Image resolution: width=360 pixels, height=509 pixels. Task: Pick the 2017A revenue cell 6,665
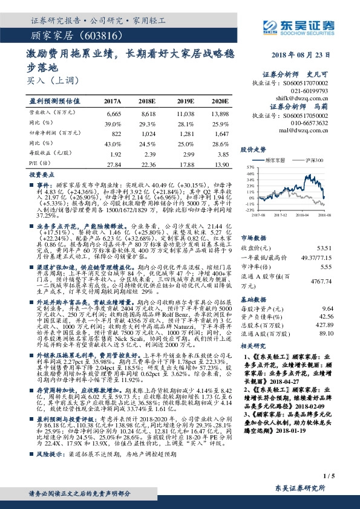pos(114,113)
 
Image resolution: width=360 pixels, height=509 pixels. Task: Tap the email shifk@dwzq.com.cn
pos(303,96)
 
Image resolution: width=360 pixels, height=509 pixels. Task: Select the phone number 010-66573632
pos(308,122)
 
